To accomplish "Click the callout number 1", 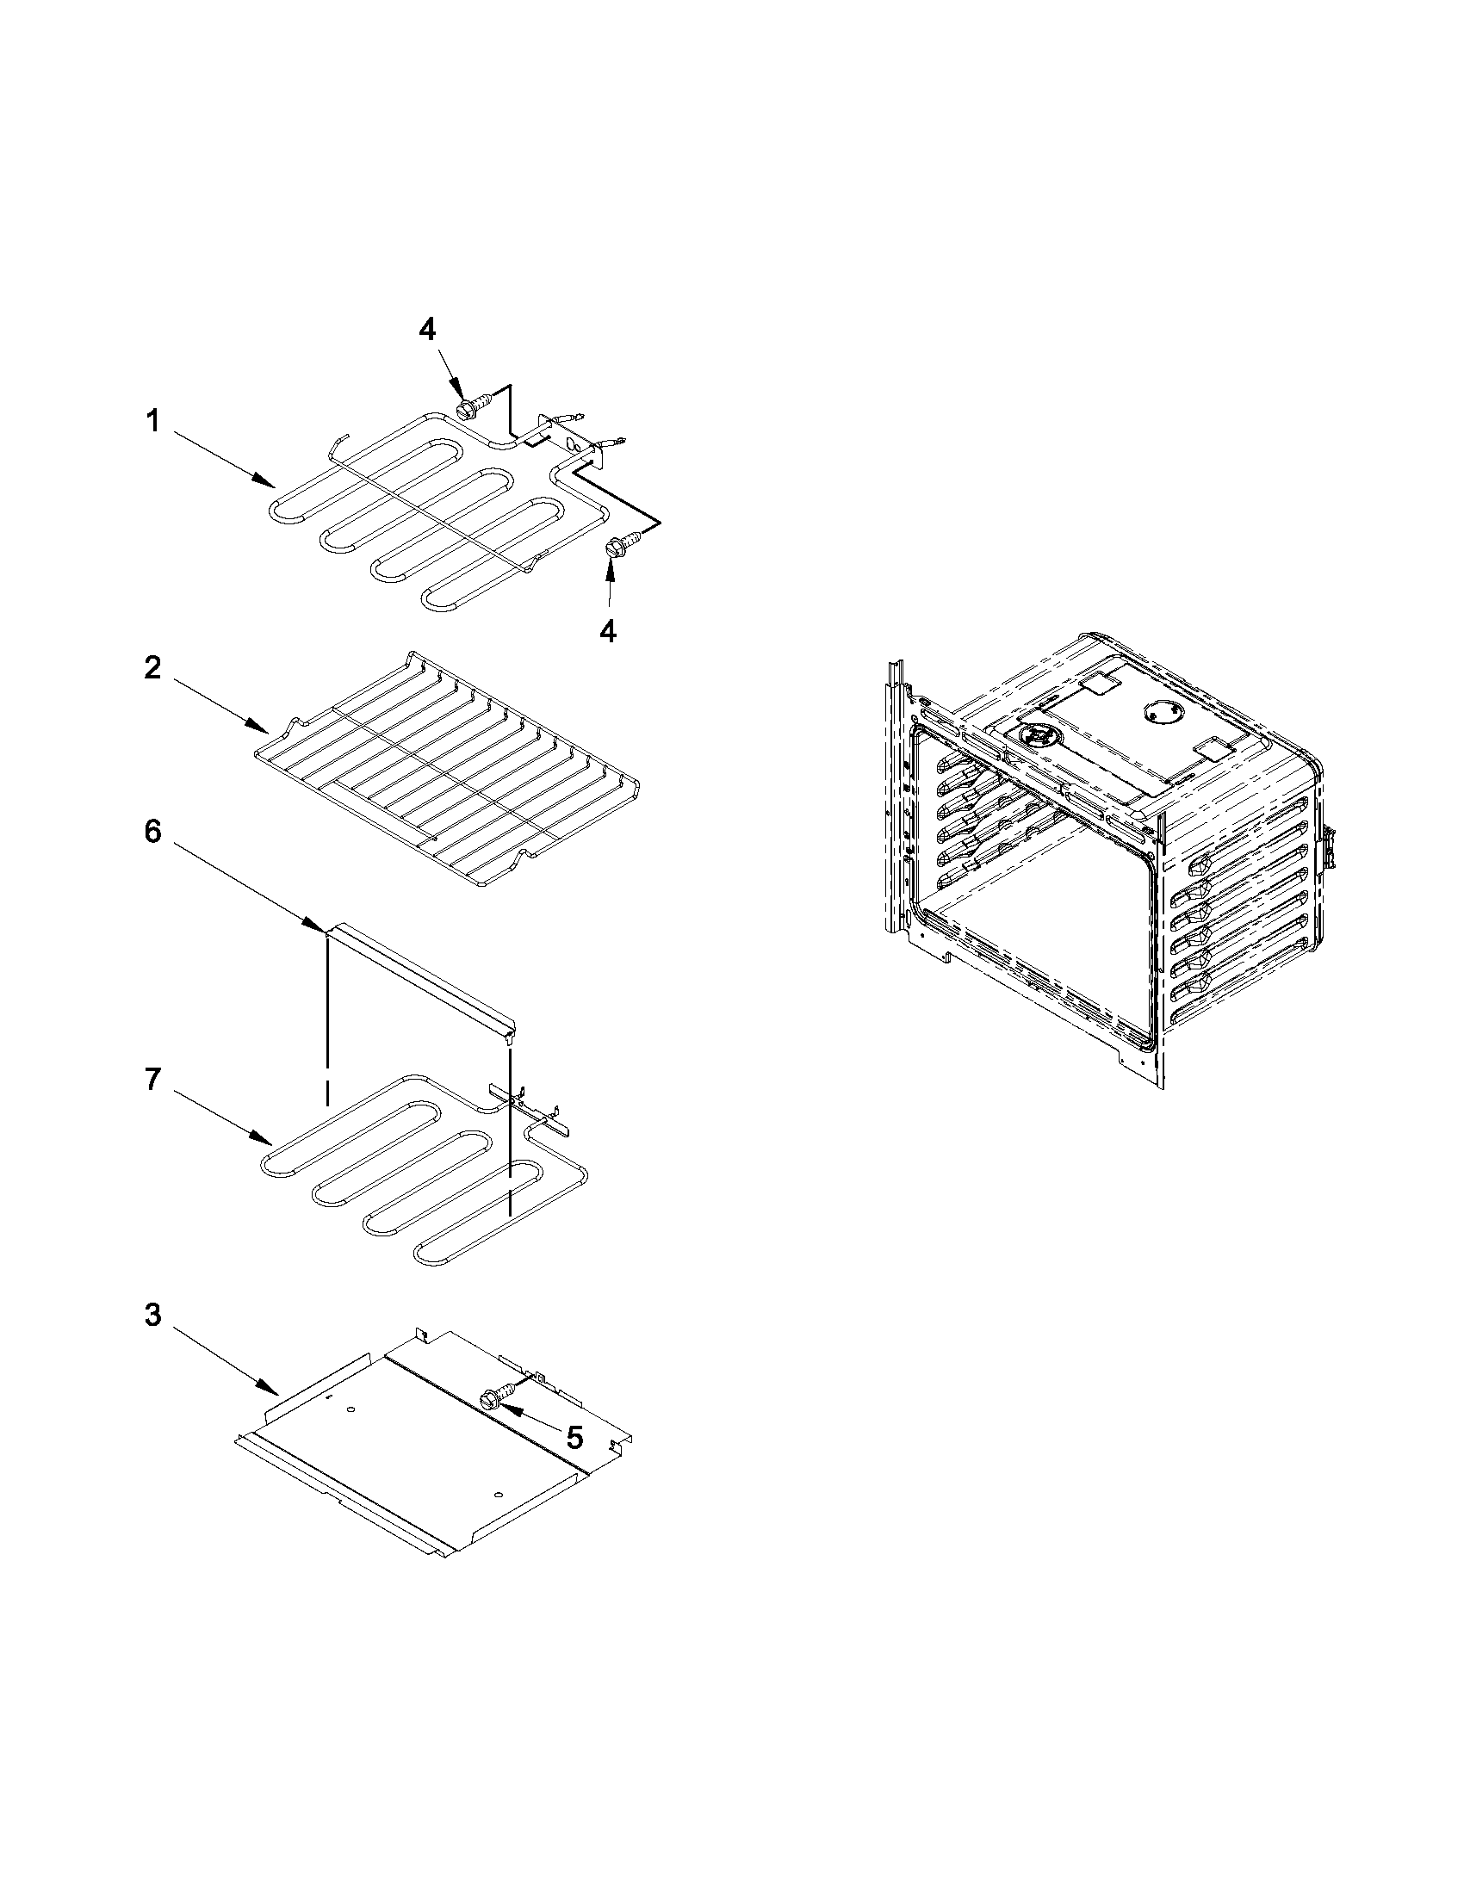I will pos(152,423).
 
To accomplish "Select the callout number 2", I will pos(152,668).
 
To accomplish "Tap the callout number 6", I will pos(152,831).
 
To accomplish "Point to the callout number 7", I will pos(152,1080).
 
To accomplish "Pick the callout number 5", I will pos(574,1438).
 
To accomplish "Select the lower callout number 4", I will pos(608,631).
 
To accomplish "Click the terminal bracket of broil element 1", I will pos(568,439).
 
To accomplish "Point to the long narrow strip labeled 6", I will pos(421,976).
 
